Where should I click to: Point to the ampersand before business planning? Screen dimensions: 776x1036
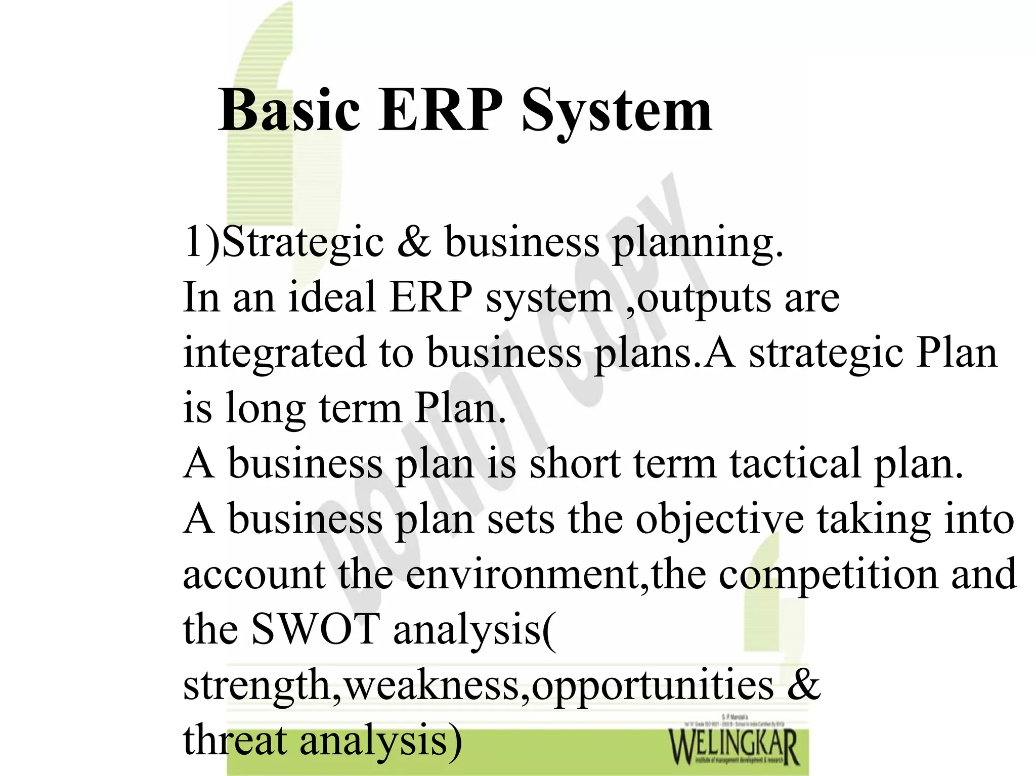click(x=414, y=242)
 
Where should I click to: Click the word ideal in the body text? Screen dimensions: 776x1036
click(x=331, y=297)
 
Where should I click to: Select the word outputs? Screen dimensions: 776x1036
click(x=703, y=298)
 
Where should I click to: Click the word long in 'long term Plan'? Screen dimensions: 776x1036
click(x=266, y=409)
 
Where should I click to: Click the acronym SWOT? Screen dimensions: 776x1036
click(x=316, y=629)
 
